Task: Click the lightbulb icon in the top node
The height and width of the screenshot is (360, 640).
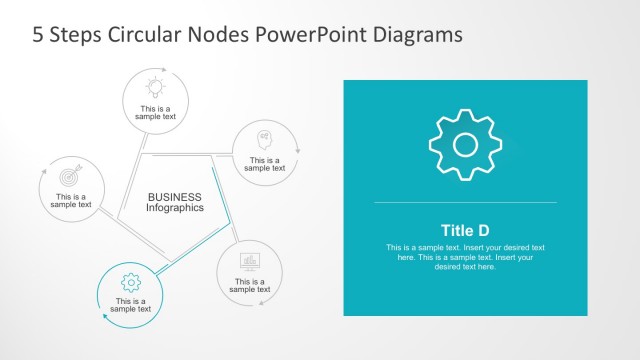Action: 155,85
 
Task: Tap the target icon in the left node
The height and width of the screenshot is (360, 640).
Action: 70,174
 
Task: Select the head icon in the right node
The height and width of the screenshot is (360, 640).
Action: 264,138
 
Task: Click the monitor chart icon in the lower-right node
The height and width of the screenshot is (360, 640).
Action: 250,261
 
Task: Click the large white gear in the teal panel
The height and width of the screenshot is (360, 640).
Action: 465,145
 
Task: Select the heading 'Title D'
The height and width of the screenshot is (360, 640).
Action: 465,229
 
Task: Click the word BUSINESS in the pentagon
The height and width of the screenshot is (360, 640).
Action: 174,197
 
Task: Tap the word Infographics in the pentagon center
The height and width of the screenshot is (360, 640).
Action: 174,208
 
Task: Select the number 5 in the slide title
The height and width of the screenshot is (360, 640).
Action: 38,34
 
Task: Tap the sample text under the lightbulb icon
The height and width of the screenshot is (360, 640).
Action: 155,112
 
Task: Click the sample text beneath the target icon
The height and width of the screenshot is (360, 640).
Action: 70,201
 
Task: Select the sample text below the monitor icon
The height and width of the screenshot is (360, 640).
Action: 250,286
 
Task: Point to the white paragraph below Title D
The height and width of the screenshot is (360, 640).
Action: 465,257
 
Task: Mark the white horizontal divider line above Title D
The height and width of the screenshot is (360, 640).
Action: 465,203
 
